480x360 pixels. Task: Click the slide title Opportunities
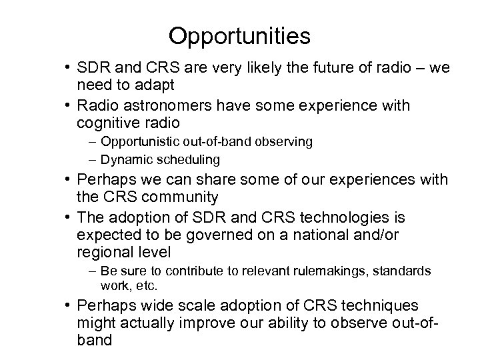coord(239,36)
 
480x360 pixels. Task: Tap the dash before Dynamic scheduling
coord(91,159)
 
